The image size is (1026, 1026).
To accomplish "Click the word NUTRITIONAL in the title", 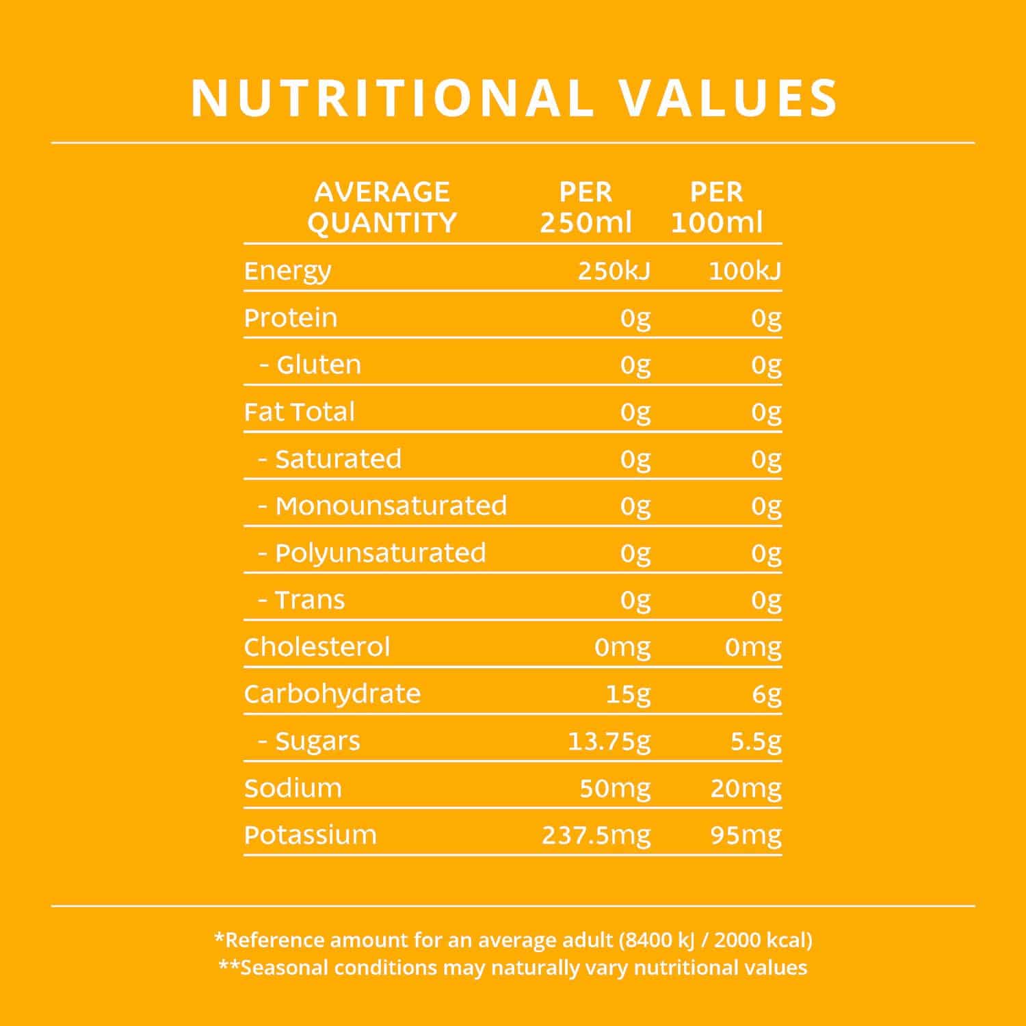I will click(392, 98).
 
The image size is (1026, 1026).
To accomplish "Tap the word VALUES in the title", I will click(728, 98).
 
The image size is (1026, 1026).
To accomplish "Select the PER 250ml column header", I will click(586, 207).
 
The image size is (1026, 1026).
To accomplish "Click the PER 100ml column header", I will click(716, 207).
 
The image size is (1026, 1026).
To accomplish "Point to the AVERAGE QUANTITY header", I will click(382, 207).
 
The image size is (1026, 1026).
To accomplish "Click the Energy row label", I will click(287, 272).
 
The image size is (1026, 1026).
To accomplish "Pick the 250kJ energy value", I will click(614, 272).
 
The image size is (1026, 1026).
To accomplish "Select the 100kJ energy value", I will click(744, 272).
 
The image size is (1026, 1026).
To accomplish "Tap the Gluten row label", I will click(318, 365).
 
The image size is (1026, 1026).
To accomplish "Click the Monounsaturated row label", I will click(391, 505).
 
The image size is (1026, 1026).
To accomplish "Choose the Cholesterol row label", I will click(317, 647).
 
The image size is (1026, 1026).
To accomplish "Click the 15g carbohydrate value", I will click(628, 694).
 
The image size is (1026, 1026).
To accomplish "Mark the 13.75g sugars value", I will click(609, 741).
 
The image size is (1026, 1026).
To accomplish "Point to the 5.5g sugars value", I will click(755, 741).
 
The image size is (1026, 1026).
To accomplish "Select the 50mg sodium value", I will click(615, 789).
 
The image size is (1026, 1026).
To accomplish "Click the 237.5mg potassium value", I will click(596, 835).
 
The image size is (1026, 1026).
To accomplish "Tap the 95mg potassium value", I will click(746, 835).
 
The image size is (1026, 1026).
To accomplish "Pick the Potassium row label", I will click(310, 835).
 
